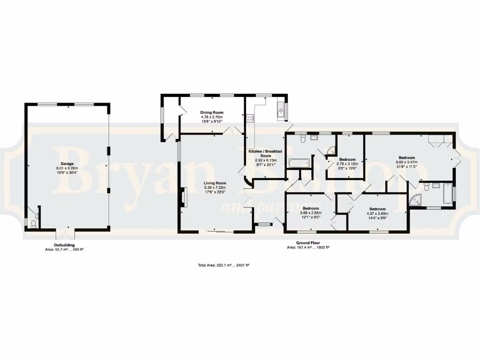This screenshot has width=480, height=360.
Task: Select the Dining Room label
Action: coord(212,112)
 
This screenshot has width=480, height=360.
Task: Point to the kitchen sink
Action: coord(281,112)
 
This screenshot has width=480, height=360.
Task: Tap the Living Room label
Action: coord(215,183)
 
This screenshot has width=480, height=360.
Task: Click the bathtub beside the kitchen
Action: coord(299,164)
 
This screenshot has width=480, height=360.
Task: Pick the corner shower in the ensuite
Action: coord(415,201)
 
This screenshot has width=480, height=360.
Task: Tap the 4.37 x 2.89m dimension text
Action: coord(377,213)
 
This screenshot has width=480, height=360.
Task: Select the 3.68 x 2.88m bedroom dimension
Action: coord(311,213)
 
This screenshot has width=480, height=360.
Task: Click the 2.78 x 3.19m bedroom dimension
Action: coord(347,164)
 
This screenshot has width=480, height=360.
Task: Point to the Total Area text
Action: coord(224,265)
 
